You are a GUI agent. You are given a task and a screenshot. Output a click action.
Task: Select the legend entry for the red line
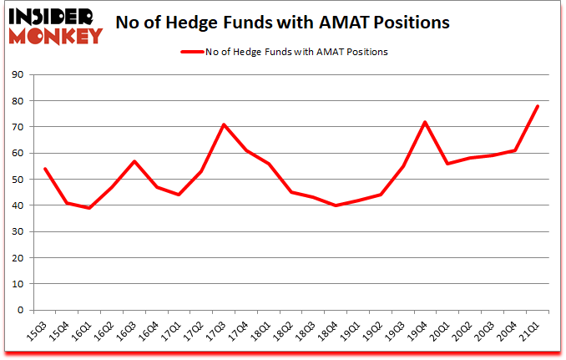(284, 52)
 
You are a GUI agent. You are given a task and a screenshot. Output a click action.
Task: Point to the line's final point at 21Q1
(538, 106)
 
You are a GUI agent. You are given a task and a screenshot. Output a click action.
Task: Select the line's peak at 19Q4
(426, 122)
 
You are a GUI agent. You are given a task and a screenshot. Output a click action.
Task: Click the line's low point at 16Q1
(89, 208)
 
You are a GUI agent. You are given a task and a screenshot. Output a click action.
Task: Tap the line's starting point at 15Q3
(44, 169)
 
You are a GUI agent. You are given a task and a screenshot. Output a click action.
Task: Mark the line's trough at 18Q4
(336, 205)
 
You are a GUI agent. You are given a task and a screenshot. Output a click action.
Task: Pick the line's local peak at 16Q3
(134, 161)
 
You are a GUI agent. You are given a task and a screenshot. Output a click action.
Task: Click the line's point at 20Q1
(448, 164)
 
